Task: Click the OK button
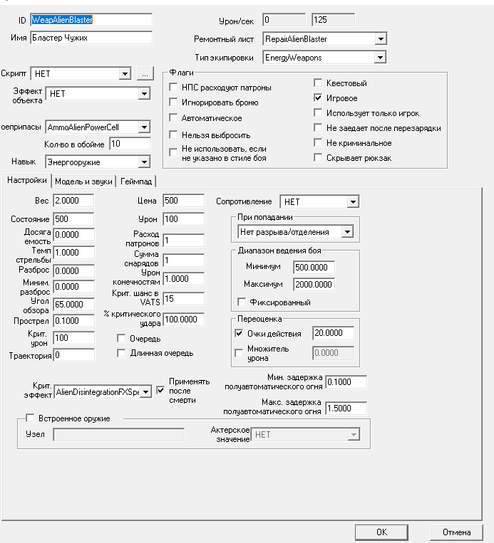tap(381, 532)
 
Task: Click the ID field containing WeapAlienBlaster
tap(91, 21)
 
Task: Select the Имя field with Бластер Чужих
tap(91, 37)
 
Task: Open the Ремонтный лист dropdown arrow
tap(381, 39)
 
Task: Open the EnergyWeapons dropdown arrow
tap(381, 57)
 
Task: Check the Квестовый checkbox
tap(319, 83)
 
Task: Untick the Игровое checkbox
tap(319, 98)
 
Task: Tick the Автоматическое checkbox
tap(174, 117)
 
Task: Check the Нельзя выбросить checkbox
tap(174, 135)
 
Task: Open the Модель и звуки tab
tap(83, 181)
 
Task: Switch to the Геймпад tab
tap(138, 181)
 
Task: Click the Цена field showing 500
tap(183, 201)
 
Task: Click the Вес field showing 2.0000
tap(73, 201)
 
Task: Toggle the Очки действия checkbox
tap(239, 333)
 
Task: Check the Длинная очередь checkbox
tap(122, 352)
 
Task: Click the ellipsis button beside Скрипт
tap(144, 73)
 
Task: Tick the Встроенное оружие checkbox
tap(30, 418)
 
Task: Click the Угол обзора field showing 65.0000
tap(73, 304)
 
